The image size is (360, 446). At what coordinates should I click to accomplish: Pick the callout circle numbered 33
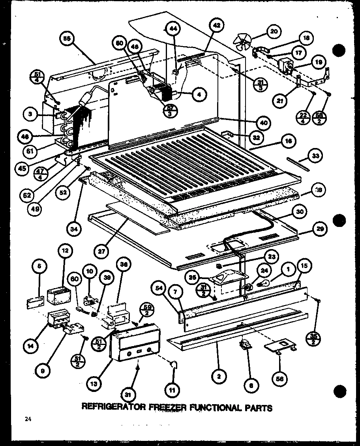[315, 156]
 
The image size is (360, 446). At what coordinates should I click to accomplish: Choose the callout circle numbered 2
[218, 377]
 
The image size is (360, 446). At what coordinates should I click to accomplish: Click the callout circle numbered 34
[76, 228]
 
